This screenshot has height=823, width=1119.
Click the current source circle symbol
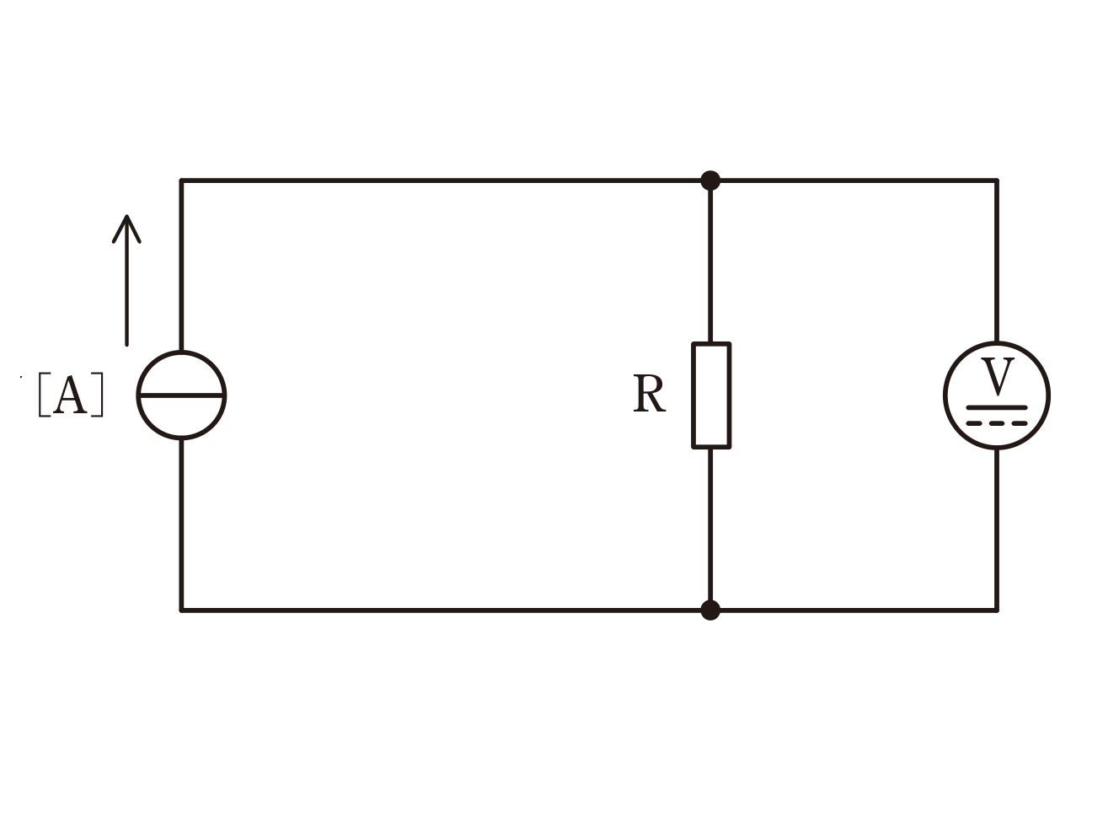tap(138, 396)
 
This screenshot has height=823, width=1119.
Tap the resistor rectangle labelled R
tap(693, 395)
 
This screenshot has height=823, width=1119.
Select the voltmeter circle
tap(945, 396)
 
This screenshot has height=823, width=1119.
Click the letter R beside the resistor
tap(649, 394)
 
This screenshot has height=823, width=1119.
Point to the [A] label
tap(71, 394)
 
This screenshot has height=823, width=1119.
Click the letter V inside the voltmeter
tap(997, 376)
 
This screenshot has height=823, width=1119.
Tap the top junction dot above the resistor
tap(710, 180)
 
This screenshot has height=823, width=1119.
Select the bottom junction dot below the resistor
tap(710, 610)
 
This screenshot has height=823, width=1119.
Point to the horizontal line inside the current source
tap(181, 395)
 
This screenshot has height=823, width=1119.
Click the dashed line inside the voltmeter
tap(997, 423)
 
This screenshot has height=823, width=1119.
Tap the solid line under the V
tap(997, 407)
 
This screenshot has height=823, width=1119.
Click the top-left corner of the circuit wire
tap(181, 180)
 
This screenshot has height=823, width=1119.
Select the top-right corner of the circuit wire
tap(997, 180)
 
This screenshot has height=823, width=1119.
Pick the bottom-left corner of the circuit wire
tap(181, 610)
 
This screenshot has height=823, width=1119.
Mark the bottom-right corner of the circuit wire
tap(997, 610)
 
